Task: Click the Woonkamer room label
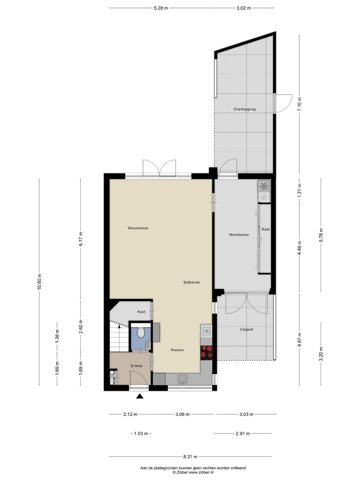coord(138,228)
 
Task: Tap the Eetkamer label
coord(192,282)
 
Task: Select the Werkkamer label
coord(239,235)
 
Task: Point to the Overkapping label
coord(244,109)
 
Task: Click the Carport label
coord(246,329)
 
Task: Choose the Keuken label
coord(177,350)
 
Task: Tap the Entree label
coord(136,366)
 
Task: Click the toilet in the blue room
coord(140,332)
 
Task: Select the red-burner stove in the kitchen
coord(206,352)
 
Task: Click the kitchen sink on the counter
coord(183,379)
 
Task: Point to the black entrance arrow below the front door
coord(140,396)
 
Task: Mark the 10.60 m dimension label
coord(40,282)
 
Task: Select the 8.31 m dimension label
coord(190,457)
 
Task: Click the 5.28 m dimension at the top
coord(161,8)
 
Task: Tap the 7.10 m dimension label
coord(299,104)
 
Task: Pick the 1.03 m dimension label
coord(141,434)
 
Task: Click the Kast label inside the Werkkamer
coord(266,229)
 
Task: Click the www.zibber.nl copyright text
coord(193,472)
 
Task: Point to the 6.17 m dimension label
coord(81,239)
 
